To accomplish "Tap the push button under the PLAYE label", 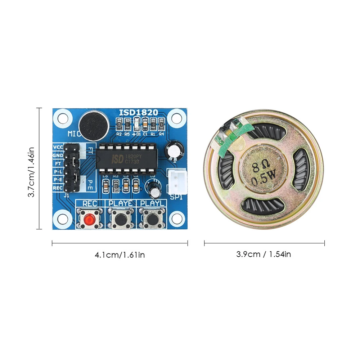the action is coord(120,218).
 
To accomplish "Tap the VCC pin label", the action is coord(58,147).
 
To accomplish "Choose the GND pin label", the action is coord(58,155).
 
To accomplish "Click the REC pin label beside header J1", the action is coord(58,188).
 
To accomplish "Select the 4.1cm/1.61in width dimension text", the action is coord(120,255).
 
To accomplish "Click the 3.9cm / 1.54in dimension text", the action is coord(264,254).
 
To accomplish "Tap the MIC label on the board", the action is coord(75,134).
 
